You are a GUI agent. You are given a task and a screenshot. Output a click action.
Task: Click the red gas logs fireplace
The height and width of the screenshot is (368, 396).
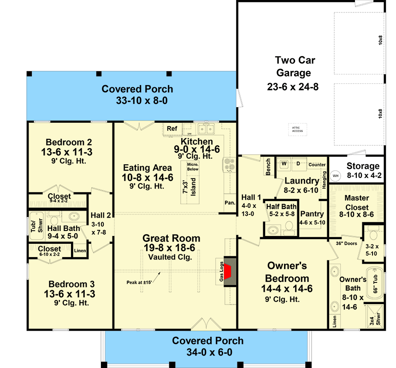pyautogui.click(x=228, y=272)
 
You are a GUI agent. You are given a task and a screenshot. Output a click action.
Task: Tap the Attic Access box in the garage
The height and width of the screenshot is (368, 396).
pyautogui.click(x=297, y=130)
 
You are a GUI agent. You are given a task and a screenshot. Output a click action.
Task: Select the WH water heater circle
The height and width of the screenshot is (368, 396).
pyautogui.click(x=336, y=176)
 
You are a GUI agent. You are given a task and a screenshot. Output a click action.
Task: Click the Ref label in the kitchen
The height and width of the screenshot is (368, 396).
pyautogui.click(x=172, y=128)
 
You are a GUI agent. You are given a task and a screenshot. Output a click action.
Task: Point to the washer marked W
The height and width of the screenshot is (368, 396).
pyautogui.click(x=284, y=164)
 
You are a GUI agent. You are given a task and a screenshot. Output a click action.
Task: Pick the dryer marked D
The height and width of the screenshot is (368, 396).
pyautogui.click(x=298, y=164)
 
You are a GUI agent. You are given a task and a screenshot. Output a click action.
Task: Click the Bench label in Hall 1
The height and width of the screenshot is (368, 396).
pyautogui.click(x=268, y=167)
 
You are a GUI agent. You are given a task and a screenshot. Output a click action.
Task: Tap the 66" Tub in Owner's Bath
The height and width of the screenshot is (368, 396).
pyautogui.click(x=375, y=283)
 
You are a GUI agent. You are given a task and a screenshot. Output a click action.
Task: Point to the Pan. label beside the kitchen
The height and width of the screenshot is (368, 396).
pyautogui.click(x=230, y=203)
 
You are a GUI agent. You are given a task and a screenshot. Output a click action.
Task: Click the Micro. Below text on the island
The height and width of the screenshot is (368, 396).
pyautogui.click(x=193, y=167)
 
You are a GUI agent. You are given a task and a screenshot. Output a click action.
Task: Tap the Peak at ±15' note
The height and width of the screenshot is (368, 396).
pyautogui.click(x=139, y=282)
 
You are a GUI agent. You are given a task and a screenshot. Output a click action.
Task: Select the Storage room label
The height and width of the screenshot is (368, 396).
pyautogui.click(x=363, y=166)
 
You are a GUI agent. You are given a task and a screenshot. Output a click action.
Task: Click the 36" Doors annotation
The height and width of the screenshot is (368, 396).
pyautogui.click(x=347, y=243)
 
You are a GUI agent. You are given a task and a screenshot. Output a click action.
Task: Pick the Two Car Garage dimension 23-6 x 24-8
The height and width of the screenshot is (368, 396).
pyautogui.click(x=293, y=87)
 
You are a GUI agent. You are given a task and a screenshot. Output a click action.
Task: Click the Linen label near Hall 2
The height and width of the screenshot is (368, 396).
pyautogui.click(x=80, y=251)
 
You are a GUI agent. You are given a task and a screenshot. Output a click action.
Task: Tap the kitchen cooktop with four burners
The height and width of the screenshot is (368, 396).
pyautogui.click(x=229, y=165)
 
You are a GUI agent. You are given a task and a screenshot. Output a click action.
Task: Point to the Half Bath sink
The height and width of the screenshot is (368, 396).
pyautogui.click(x=273, y=230)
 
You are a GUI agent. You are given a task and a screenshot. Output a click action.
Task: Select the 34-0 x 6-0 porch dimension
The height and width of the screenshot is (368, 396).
pyautogui.click(x=209, y=352)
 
